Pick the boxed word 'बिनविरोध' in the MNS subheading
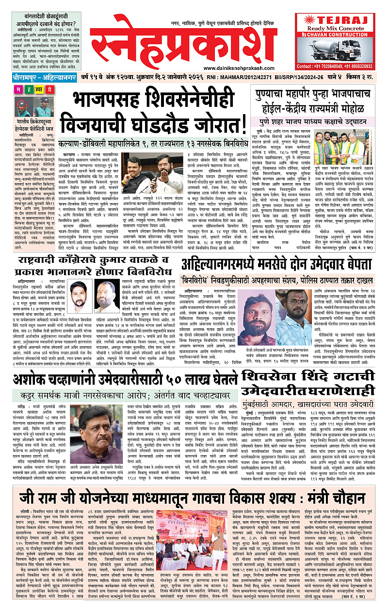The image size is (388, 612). [x=209, y=280]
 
